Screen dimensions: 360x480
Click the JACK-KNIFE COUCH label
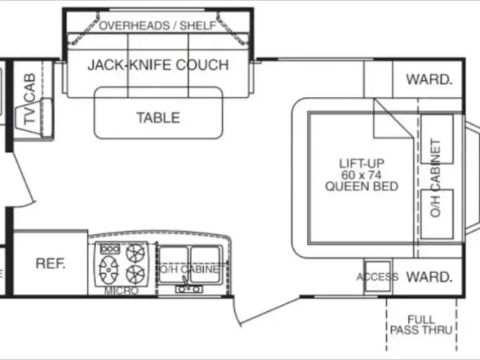point(157,64)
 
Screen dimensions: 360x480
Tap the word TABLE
point(158,117)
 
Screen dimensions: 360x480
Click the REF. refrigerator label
point(51,263)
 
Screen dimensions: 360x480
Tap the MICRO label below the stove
point(117,291)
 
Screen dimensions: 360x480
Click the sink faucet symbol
point(186,288)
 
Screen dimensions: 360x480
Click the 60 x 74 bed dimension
point(362,175)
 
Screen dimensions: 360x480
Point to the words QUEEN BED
point(362,186)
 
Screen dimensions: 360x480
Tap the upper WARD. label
point(429,79)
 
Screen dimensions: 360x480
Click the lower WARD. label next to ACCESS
point(429,276)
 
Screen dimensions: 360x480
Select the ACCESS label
point(377,277)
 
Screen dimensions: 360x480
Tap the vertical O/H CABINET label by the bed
point(436,177)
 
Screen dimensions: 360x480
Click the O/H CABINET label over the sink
point(190,269)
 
